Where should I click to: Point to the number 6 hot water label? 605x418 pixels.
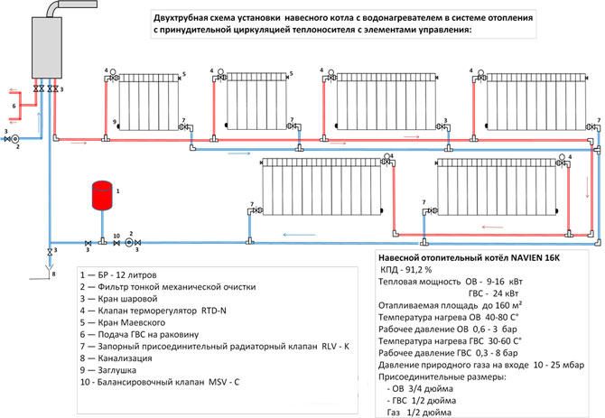[x=14, y=106]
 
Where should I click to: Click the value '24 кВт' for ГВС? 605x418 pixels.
[x=507, y=293]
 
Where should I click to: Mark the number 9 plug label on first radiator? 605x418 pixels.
[x=115, y=122]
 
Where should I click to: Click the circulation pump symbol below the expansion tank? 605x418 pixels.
[x=129, y=243]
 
